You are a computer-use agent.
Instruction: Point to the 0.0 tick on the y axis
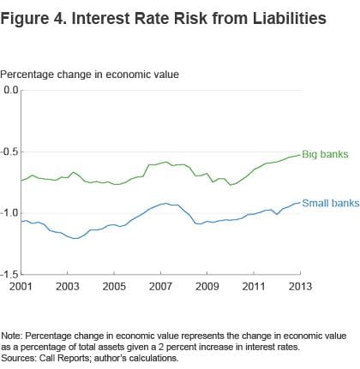[x=10, y=90]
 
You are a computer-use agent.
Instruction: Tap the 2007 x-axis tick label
[x=160, y=284]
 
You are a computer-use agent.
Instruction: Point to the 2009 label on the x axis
[x=207, y=284]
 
